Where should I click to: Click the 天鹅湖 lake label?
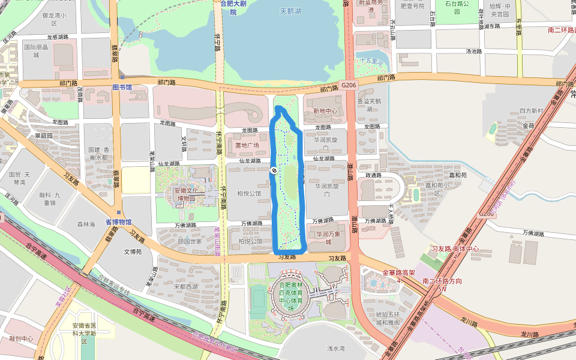point(290,11)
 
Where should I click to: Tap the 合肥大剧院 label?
point(233,7)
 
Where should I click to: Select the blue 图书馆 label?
point(122,87)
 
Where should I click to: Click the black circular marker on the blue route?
point(274,170)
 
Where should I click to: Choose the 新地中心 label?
point(325,111)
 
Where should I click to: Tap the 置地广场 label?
point(247,145)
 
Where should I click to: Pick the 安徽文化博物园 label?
point(189,194)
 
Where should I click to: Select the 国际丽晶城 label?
point(35,50)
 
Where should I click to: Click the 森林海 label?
point(86,224)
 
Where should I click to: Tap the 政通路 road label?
point(373,175)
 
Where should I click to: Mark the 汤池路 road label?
point(473,52)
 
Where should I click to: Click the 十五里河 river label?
point(371,61)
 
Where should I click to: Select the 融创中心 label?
point(21,338)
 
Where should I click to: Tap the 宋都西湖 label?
point(185,286)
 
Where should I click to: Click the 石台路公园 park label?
point(457,7)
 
